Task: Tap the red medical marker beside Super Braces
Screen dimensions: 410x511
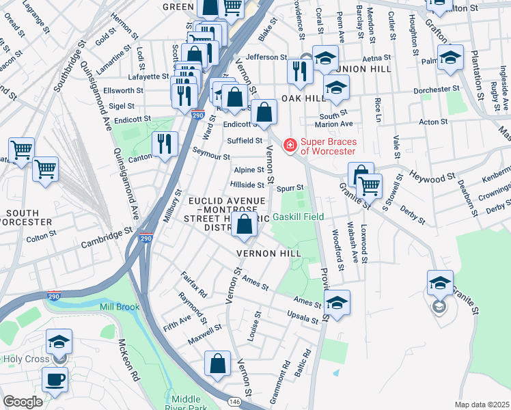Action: click(x=290, y=145)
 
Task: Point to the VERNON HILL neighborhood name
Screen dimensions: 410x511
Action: click(x=268, y=253)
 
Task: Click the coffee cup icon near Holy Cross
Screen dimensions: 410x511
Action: click(x=55, y=379)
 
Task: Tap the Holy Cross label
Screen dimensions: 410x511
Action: click(x=24, y=358)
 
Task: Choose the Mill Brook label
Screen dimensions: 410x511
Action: click(x=119, y=307)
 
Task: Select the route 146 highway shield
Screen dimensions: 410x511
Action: click(x=234, y=402)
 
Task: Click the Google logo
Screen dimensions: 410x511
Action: click(x=23, y=402)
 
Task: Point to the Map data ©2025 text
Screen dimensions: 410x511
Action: click(x=482, y=405)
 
